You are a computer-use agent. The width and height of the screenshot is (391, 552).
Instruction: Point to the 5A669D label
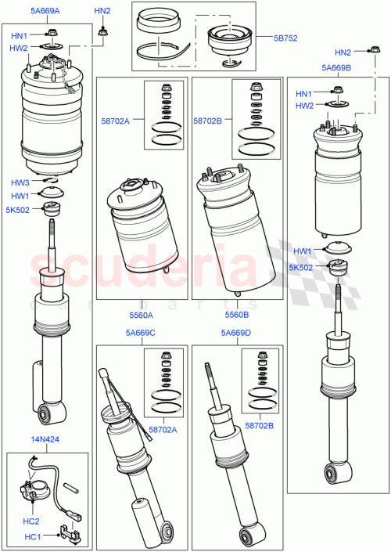coord(235,333)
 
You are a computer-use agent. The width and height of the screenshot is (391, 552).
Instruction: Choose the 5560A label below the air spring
coord(142,315)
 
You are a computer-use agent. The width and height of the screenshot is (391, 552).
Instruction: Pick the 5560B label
coord(236,315)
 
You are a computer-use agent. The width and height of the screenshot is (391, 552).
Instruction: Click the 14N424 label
coord(44,440)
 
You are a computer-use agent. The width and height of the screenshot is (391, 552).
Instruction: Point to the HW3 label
coord(20,183)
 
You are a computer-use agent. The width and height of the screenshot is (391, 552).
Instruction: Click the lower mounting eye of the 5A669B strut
coord(338,473)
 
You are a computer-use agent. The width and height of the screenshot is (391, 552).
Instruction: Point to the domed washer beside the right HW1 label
coord(337,250)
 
